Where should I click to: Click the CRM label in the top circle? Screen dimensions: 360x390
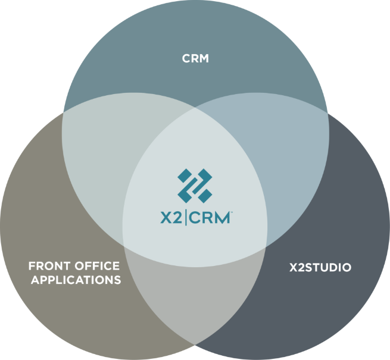point(195,59)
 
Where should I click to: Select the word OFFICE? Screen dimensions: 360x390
point(98,265)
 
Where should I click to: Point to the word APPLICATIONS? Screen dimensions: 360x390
point(75,279)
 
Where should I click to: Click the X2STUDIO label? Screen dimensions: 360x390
point(320,267)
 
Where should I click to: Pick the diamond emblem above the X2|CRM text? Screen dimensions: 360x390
point(195,185)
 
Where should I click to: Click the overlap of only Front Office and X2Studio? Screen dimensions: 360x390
point(195,298)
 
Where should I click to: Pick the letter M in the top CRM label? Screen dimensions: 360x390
point(204,59)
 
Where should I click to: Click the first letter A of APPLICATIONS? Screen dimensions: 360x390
point(35,279)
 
